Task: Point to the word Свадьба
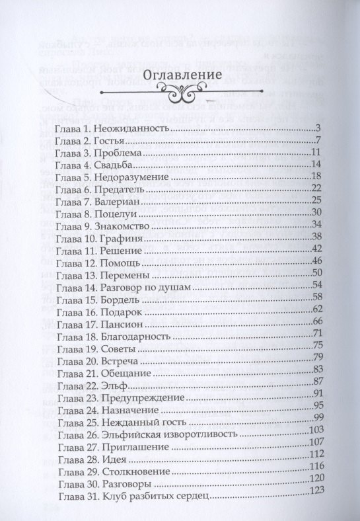[114, 165]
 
